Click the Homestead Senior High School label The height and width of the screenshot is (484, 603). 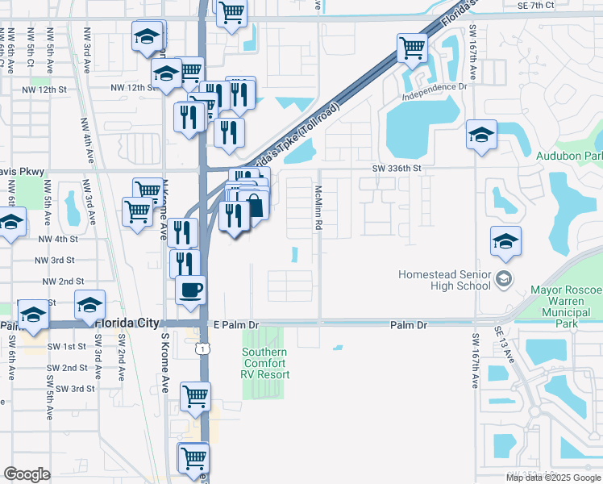click(x=444, y=280)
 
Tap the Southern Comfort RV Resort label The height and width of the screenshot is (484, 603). click(x=265, y=363)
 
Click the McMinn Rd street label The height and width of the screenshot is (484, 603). click(x=319, y=207)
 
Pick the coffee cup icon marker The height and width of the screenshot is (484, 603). click(x=190, y=290)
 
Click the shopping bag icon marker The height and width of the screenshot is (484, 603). click(x=254, y=205)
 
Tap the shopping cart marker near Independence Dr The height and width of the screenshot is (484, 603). click(x=413, y=48)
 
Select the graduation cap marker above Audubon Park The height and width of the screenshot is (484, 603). click(x=481, y=134)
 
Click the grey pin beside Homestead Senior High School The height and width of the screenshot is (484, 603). click(x=504, y=280)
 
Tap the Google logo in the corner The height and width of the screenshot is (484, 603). click(x=27, y=474)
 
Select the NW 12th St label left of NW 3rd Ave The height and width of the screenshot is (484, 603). click(x=45, y=89)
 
